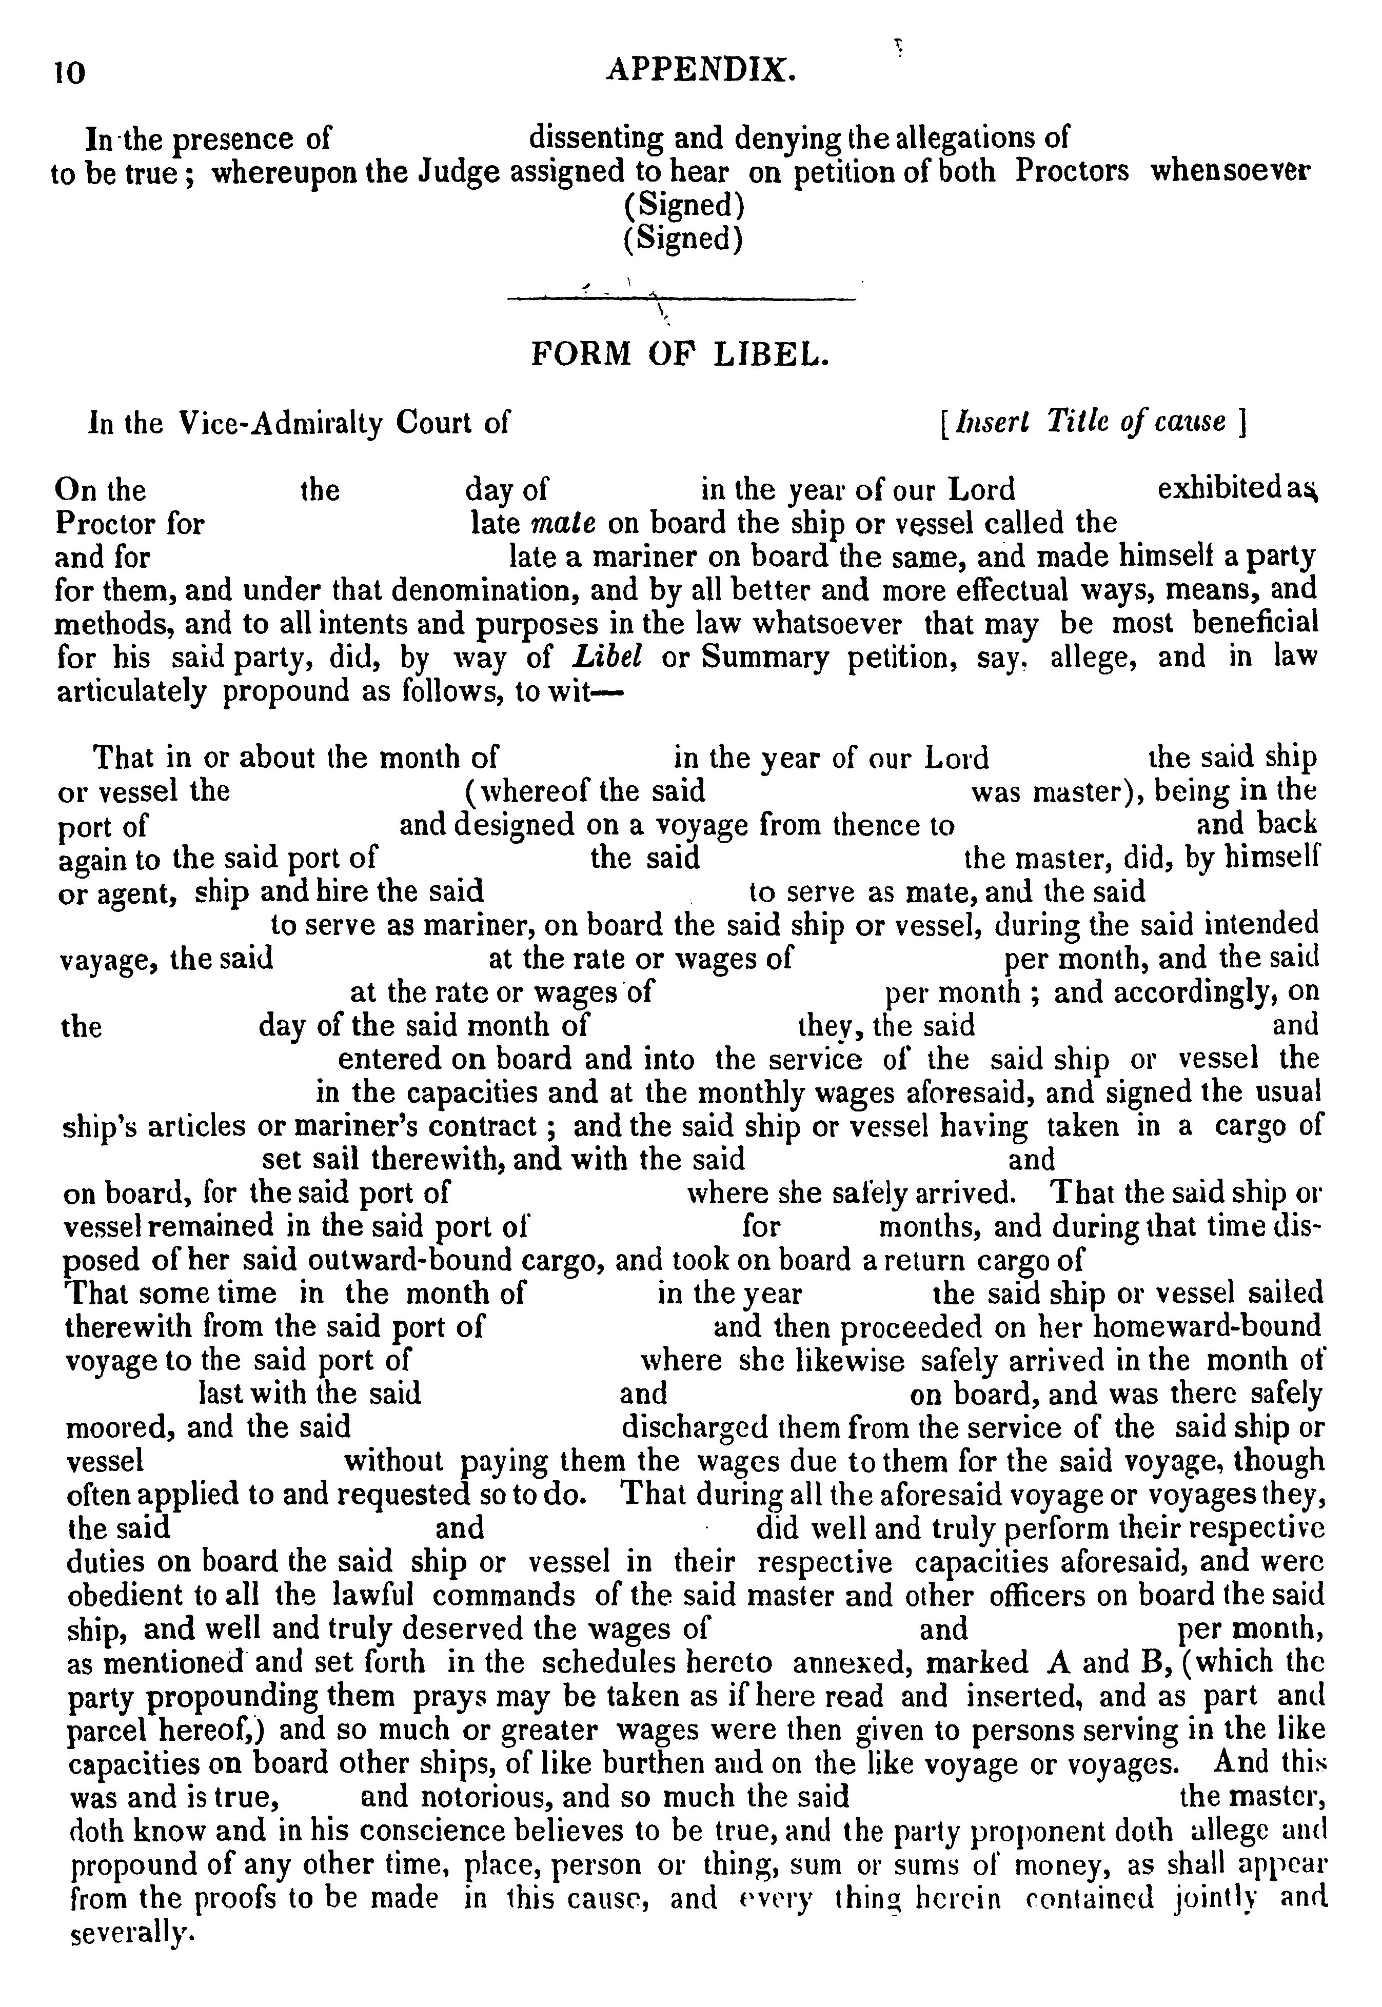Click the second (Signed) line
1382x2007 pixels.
click(x=683, y=238)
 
